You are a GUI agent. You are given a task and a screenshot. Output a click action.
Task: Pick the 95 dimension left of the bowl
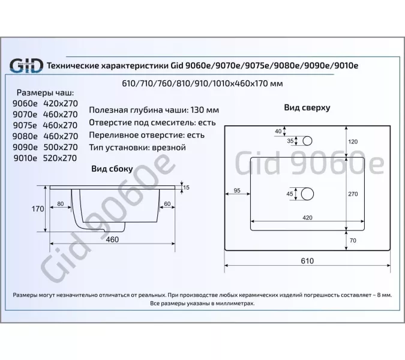[x=236, y=191]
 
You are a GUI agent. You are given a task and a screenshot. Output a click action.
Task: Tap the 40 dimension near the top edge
[x=278, y=131]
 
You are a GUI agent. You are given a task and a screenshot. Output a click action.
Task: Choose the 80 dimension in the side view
[x=61, y=203]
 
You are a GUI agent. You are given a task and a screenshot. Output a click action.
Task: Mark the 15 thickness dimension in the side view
[x=187, y=188]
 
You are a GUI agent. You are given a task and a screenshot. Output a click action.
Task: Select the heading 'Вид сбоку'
[x=112, y=169]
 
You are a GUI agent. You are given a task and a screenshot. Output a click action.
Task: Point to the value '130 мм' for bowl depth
[x=204, y=110]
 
